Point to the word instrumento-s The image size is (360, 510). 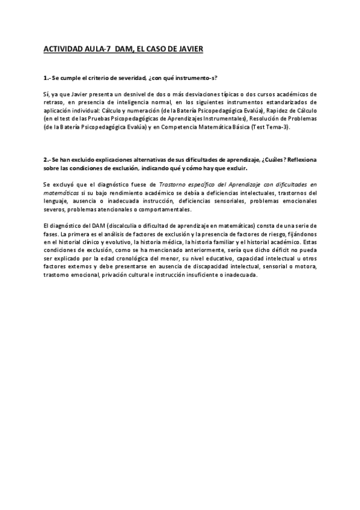196,79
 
